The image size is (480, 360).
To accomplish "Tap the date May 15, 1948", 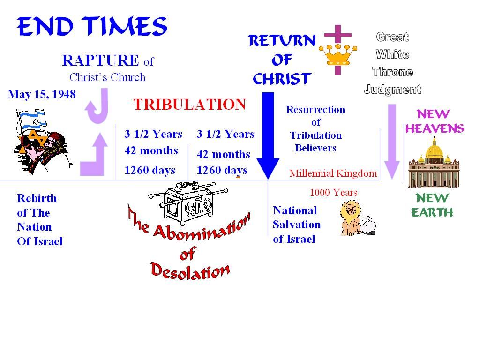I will click(42, 94).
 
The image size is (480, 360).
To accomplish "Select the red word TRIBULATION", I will click(189, 104).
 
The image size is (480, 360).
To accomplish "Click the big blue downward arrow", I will click(268, 136).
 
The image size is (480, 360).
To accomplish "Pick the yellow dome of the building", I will click(434, 150).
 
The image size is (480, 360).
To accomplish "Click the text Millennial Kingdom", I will click(333, 173).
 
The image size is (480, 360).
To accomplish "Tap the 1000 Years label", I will click(333, 192).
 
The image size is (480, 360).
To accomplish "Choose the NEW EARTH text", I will click(432, 205).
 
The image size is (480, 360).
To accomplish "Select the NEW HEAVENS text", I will click(434, 121).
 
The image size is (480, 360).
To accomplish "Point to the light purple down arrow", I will click(392, 141).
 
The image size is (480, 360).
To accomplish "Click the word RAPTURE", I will click(100, 60).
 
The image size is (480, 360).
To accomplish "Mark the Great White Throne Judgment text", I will click(393, 63).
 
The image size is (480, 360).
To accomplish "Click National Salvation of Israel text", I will click(296, 225).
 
